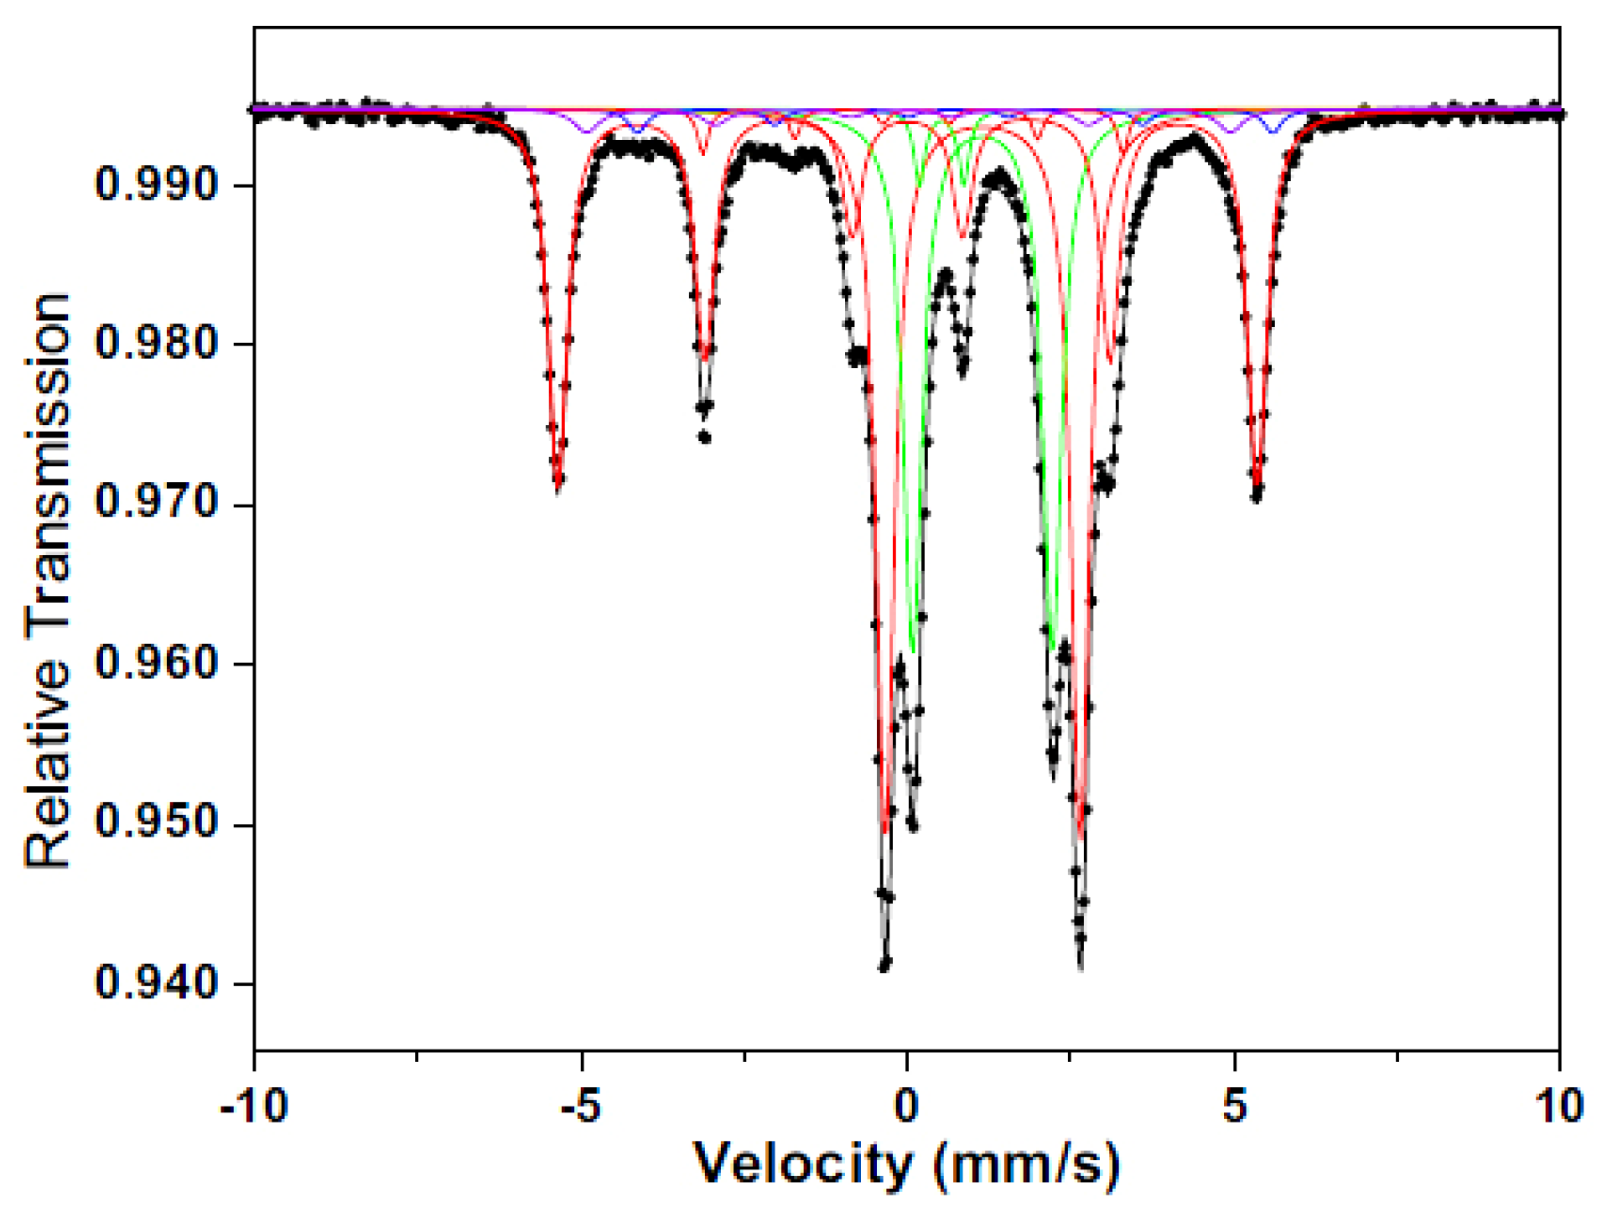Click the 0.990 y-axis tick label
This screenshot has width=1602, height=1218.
[x=156, y=184]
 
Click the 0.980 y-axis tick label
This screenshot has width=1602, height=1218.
[x=156, y=343]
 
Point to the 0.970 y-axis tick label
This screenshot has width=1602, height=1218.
[x=156, y=503]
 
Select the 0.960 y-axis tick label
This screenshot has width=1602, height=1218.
[x=156, y=663]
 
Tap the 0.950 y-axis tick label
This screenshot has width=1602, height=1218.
[x=156, y=822]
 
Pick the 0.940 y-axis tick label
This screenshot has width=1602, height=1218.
[x=156, y=982]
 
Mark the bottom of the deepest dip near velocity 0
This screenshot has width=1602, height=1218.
[x=884, y=967]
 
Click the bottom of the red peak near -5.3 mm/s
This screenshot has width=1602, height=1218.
[x=558, y=485]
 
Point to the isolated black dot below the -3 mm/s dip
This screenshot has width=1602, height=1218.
[x=705, y=438]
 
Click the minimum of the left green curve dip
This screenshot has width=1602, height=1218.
[x=913, y=650]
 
